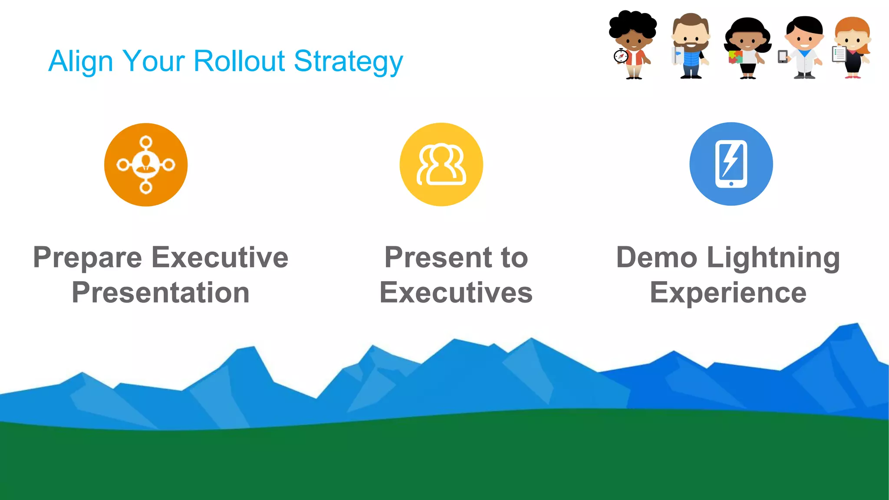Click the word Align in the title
tap(81, 62)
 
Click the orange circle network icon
tap(146, 165)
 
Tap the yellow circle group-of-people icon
tap(441, 164)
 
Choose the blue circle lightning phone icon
tap(731, 164)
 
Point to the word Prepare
tap(87, 258)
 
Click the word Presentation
tap(161, 293)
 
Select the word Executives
tap(456, 293)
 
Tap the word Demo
tap(656, 257)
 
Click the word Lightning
tap(773, 258)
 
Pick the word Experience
tap(728, 293)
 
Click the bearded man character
tap(691, 46)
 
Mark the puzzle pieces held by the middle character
tap(735, 57)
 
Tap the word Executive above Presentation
tap(220, 257)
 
